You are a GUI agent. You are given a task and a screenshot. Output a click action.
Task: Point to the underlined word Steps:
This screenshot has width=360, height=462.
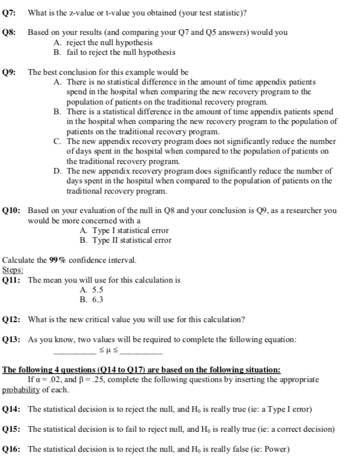(12, 270)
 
